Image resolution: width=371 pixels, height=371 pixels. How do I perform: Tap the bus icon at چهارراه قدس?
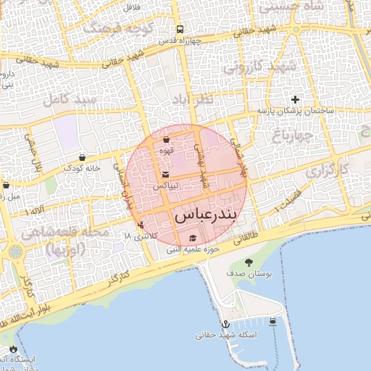coord(180,30)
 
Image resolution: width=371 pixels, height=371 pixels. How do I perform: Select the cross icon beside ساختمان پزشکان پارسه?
coord(295,99)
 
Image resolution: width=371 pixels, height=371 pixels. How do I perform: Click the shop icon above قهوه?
coord(166,139)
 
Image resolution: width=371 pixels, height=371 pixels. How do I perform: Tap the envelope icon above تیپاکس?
coord(166,175)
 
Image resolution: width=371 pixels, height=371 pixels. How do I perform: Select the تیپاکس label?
coord(165,186)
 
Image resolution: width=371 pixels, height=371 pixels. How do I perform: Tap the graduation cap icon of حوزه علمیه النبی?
coord(193,238)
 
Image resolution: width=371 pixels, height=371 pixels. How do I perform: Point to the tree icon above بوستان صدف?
coord(249,262)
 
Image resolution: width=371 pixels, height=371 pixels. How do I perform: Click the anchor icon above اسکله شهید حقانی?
coord(225,323)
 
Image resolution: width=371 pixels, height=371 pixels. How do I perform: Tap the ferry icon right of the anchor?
coord(272,322)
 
